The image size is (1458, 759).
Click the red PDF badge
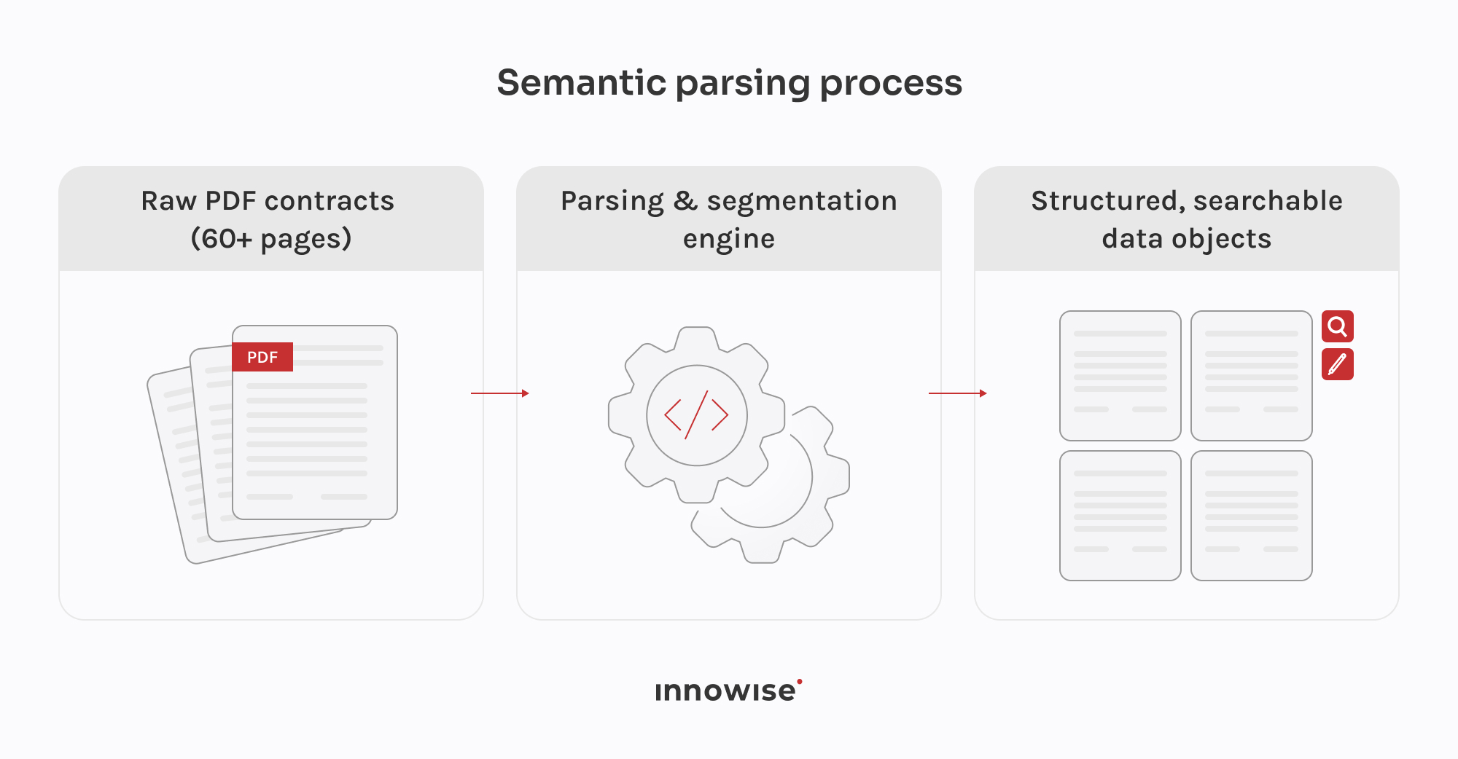262,357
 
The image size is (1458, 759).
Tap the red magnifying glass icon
1338,326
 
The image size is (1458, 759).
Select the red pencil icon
1338,364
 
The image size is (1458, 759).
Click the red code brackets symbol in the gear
696,415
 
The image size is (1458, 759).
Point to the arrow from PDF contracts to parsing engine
500,393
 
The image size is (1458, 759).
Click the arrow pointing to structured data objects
958,393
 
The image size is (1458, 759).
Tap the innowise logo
728,691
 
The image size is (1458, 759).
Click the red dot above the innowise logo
800,682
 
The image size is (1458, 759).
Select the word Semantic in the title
582,82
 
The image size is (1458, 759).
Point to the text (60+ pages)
271,239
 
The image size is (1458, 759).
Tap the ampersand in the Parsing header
685,201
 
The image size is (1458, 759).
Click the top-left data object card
1120,376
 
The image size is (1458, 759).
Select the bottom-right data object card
1252,516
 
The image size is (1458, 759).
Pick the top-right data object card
1252,376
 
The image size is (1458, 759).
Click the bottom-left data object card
1120,516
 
